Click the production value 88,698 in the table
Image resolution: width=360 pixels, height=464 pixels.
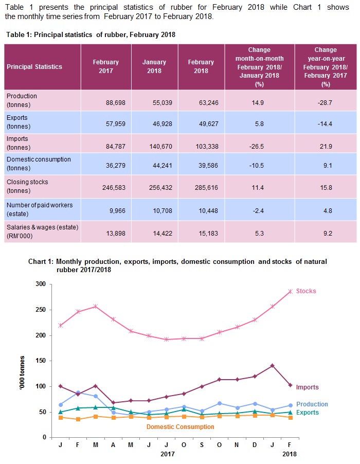click(x=108, y=103)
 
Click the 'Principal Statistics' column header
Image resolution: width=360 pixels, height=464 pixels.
click(x=34, y=67)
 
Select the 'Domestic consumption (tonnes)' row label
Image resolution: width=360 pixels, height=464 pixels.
click(x=39, y=164)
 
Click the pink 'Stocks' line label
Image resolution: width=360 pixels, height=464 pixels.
click(x=306, y=291)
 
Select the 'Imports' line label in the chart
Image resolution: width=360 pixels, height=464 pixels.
click(x=307, y=387)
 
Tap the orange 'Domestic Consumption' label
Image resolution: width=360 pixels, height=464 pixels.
click(x=180, y=427)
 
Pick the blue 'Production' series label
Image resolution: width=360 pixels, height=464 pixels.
click(x=312, y=404)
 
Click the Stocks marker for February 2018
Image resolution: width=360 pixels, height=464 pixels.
click(x=290, y=291)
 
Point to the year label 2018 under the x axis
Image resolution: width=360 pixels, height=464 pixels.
click(x=289, y=454)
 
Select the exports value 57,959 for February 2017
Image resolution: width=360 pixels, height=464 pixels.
click(x=108, y=124)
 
